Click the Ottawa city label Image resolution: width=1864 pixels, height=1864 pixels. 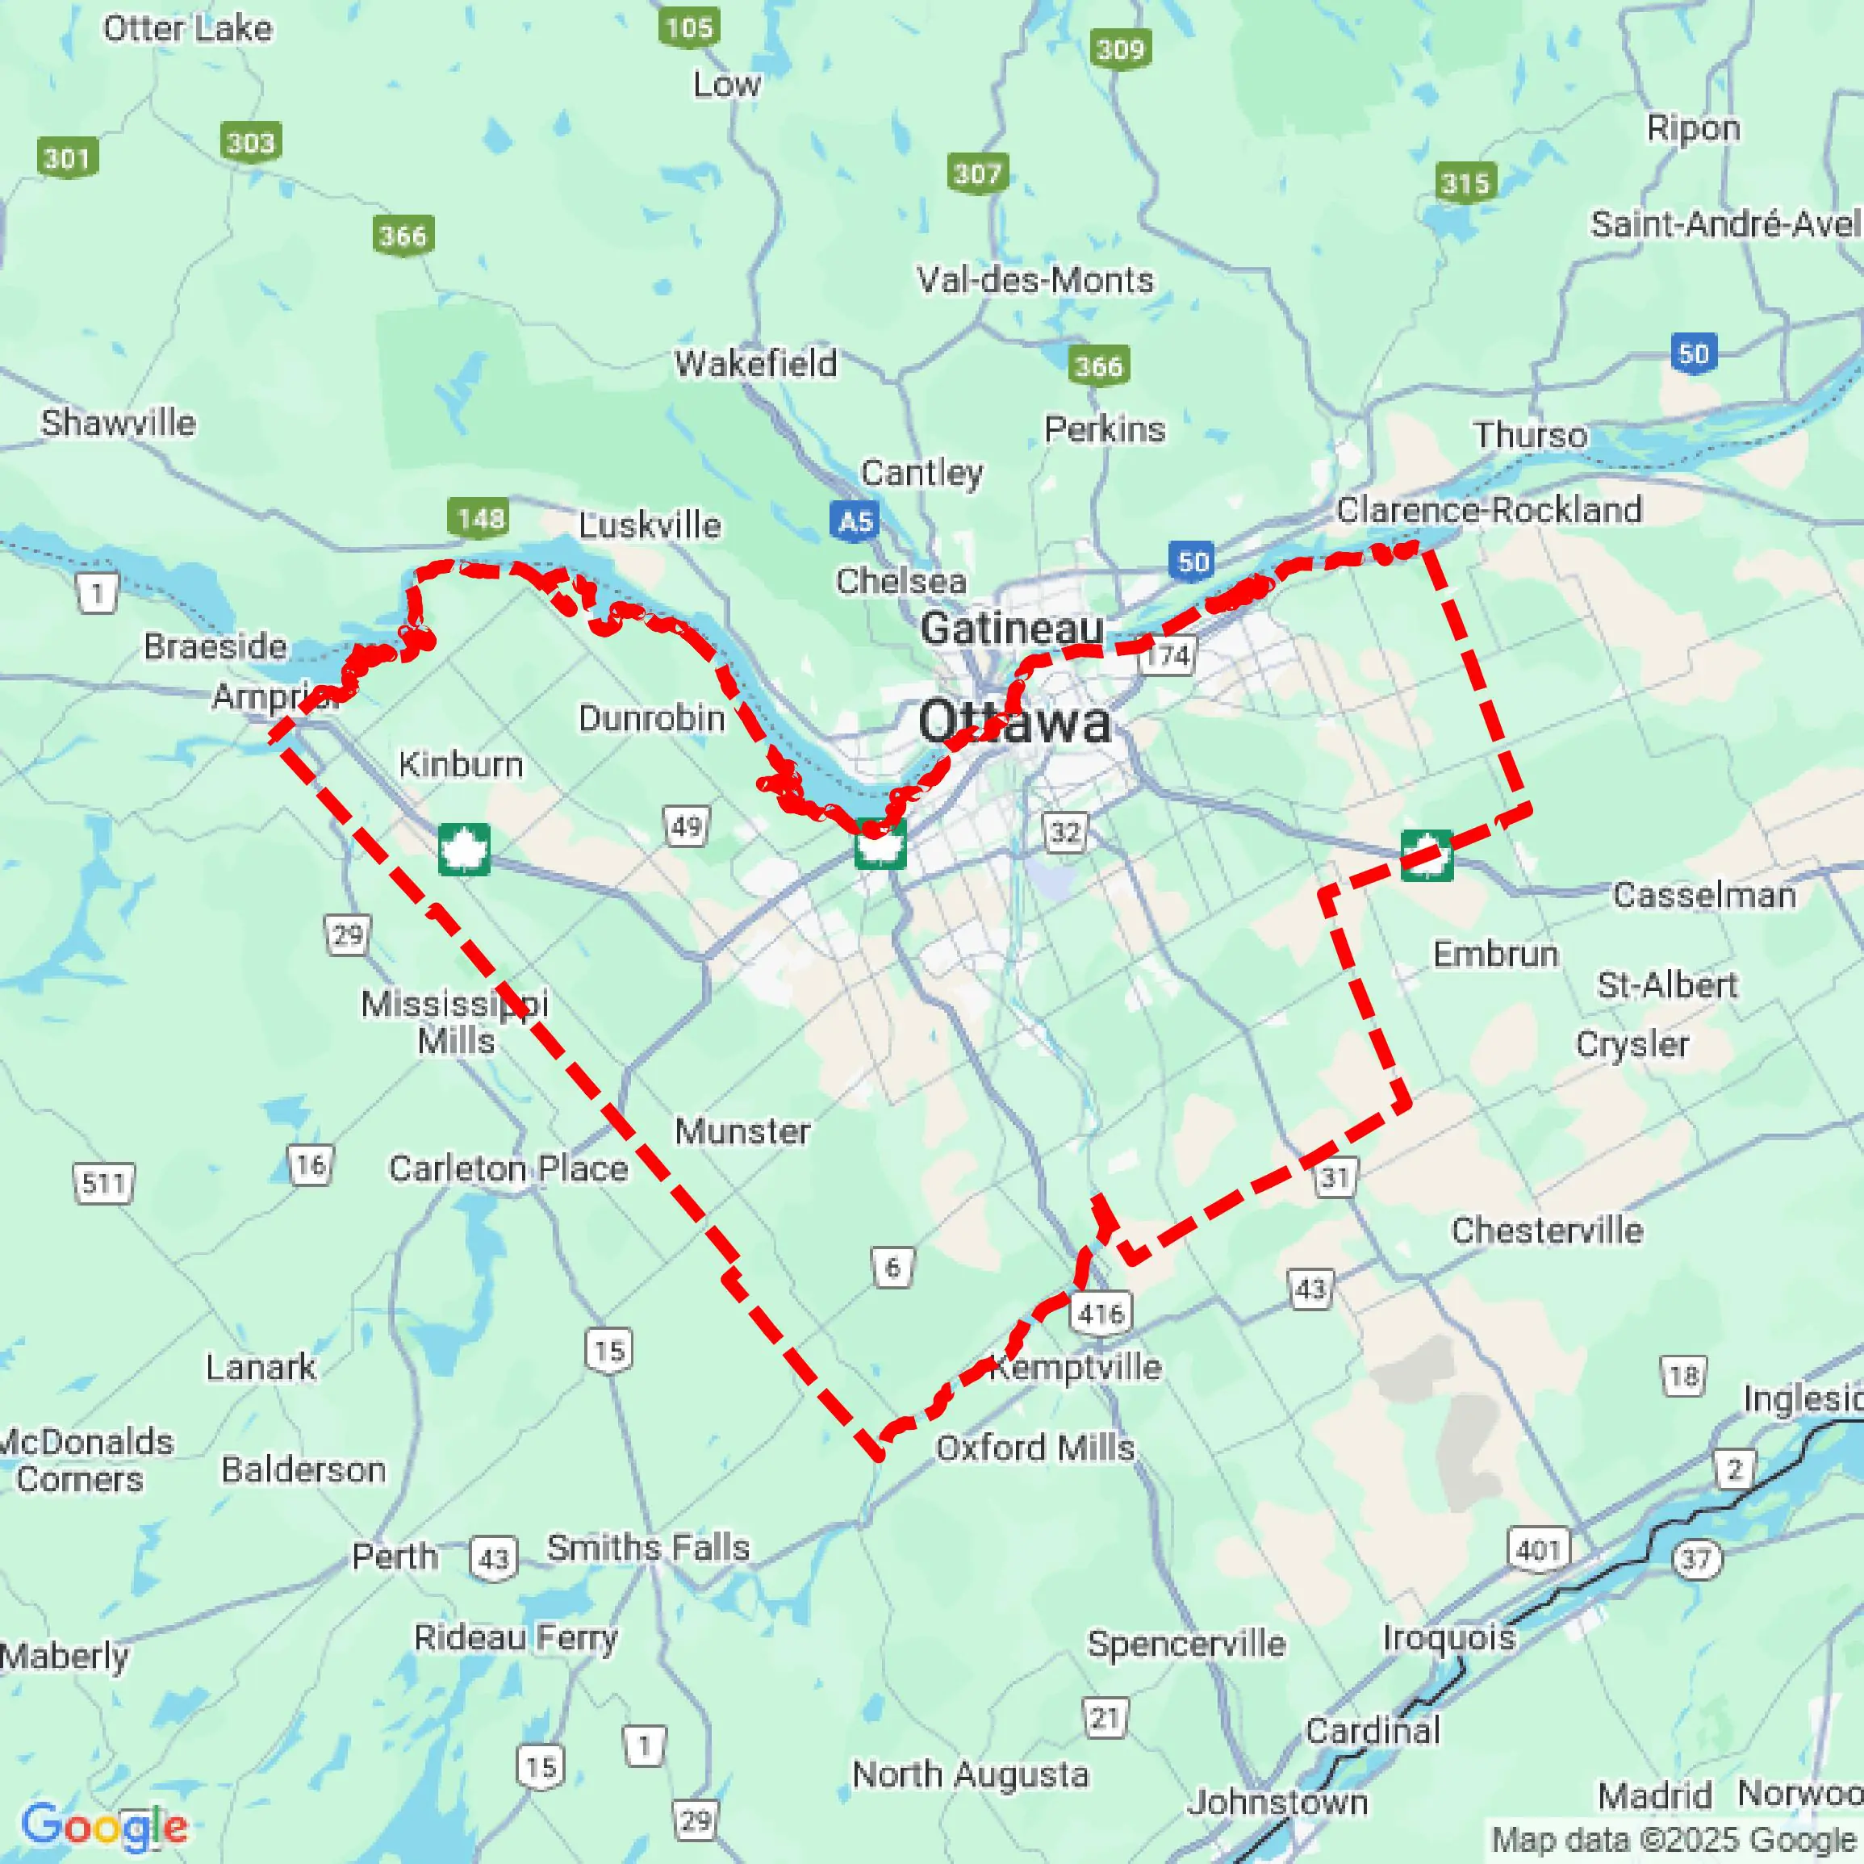click(x=1013, y=721)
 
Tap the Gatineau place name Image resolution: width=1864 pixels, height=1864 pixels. click(x=1011, y=629)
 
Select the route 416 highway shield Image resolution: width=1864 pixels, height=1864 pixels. click(x=1101, y=1312)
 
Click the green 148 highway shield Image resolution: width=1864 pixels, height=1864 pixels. click(x=479, y=518)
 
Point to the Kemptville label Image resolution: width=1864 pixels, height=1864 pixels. click(x=1076, y=1367)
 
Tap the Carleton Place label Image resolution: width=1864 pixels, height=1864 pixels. click(x=508, y=1168)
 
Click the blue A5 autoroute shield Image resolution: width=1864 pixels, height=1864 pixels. click(x=855, y=521)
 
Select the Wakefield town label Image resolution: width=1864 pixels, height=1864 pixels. click(x=755, y=364)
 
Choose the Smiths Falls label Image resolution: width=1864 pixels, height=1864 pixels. click(x=647, y=1548)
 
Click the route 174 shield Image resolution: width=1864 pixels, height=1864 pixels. click(x=1168, y=656)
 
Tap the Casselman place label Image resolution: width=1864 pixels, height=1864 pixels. click(x=1704, y=896)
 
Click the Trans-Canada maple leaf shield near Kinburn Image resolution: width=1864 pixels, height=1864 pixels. click(x=464, y=849)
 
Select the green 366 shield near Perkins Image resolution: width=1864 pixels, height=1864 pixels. click(x=1099, y=366)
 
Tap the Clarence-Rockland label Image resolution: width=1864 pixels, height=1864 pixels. click(x=1489, y=509)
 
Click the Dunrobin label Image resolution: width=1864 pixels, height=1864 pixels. click(x=651, y=718)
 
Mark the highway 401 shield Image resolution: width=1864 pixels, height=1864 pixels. click(x=1538, y=1549)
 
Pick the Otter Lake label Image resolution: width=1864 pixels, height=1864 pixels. click(x=187, y=29)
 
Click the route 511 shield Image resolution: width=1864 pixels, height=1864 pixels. click(x=103, y=1183)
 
